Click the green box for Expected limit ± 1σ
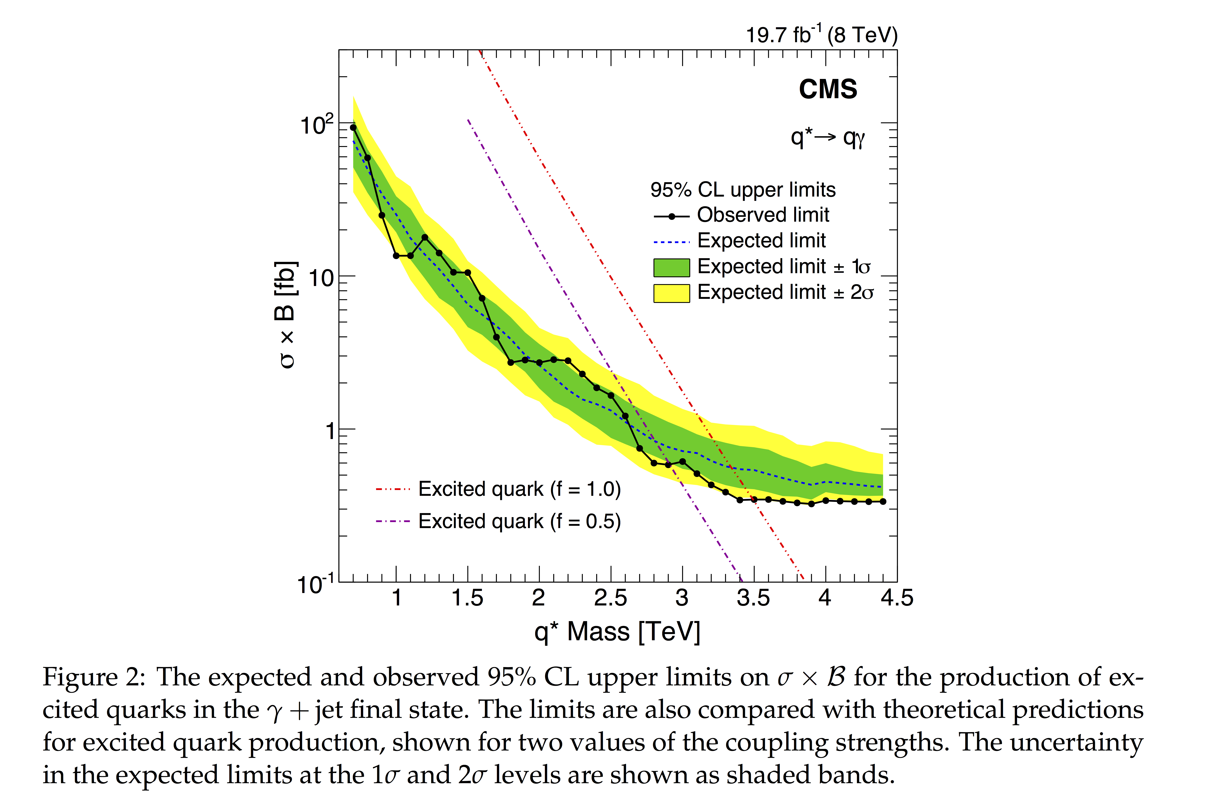[671, 267]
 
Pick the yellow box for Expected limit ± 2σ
[671, 293]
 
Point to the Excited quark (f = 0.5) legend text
[519, 521]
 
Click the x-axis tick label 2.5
[610, 598]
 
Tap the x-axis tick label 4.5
[897, 598]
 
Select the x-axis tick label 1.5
[467, 598]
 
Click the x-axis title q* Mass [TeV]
[617, 632]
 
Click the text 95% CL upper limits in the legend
[742, 190]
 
